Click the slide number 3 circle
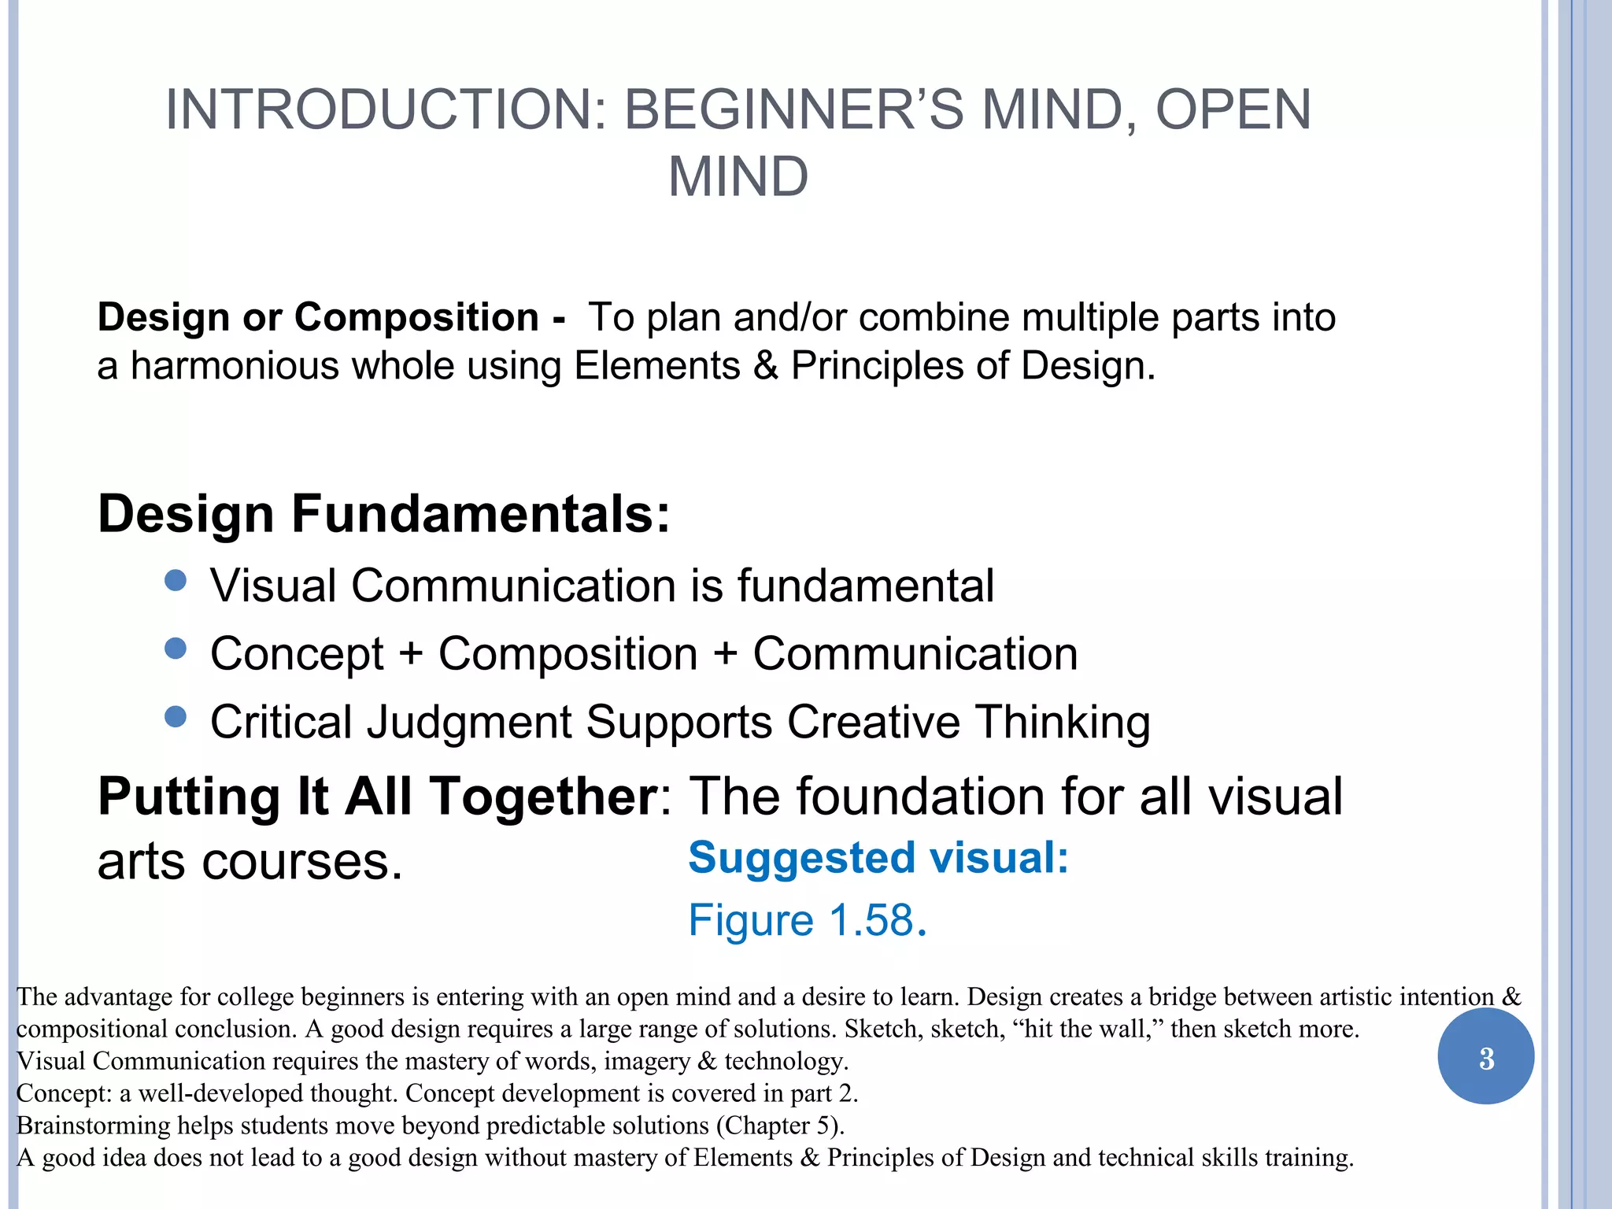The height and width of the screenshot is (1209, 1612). pos(1485,1057)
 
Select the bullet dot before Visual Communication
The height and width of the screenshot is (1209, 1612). pos(176,582)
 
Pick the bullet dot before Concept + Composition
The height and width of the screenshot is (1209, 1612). pos(176,649)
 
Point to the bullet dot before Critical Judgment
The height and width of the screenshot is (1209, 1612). pos(176,717)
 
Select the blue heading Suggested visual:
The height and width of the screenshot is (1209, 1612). pos(878,857)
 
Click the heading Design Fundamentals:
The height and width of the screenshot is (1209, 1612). pos(383,514)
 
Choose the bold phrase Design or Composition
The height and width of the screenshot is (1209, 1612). pos(318,317)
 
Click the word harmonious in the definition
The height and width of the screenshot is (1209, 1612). pos(235,366)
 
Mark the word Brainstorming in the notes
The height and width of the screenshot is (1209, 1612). pos(94,1126)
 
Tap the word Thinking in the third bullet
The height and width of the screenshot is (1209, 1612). pos(1062,722)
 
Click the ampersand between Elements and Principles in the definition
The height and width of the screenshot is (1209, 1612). pos(765,366)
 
